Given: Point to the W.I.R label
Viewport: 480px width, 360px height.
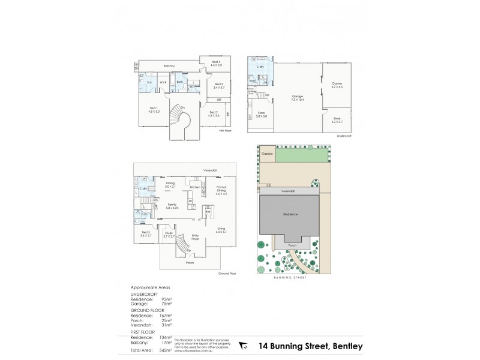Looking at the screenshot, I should [x=163, y=82].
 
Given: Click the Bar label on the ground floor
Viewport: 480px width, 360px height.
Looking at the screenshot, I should [x=208, y=212].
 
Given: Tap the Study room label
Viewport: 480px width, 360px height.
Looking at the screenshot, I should [x=169, y=235].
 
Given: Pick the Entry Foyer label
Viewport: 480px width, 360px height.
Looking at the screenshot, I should [x=195, y=236].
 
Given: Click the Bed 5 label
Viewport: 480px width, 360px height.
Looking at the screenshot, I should [x=146, y=233].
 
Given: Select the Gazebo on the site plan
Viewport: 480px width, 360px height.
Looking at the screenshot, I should [x=267, y=154].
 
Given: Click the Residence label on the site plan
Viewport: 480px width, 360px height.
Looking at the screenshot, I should [x=290, y=214].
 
